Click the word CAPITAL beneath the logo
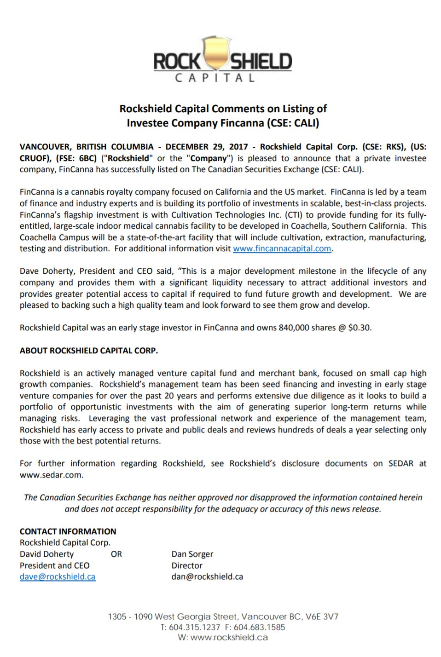click(215, 78)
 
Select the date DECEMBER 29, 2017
click(207, 147)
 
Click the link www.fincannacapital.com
click(282, 248)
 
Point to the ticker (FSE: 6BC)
click(76, 158)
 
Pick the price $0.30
click(359, 328)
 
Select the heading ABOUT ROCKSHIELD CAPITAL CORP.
click(89, 351)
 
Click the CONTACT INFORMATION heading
click(68, 531)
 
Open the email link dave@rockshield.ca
click(58, 576)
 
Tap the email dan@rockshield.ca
click(207, 576)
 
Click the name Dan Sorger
click(192, 554)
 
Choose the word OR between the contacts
click(116, 554)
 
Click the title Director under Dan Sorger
click(187, 565)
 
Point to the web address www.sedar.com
click(51, 475)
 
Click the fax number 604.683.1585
click(259, 627)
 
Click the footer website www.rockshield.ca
click(229, 638)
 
